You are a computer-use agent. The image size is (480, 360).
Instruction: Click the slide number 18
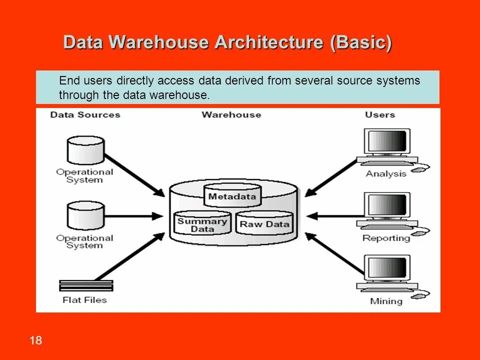[36, 340]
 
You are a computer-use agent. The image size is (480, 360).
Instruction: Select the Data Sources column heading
[85, 115]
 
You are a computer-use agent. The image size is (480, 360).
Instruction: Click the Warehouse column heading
[231, 115]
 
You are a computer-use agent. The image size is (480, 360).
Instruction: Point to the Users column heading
[380, 115]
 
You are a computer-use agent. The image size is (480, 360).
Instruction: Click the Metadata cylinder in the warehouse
[232, 195]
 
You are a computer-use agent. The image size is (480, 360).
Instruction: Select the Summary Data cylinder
[202, 223]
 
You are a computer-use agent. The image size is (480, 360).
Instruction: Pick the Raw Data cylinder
[264, 223]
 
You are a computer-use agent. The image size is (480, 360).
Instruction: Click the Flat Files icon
[86, 285]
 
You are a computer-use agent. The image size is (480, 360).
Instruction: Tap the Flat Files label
[85, 300]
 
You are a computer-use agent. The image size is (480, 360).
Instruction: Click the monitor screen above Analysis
[387, 141]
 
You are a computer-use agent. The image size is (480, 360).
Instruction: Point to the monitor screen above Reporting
[387, 204]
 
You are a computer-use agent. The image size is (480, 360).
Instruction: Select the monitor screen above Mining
[387, 267]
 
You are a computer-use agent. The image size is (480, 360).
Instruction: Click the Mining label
[386, 301]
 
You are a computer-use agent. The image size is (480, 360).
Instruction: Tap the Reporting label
[386, 238]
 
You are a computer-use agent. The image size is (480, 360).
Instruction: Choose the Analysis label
[386, 174]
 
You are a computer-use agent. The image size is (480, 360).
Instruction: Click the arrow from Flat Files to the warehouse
[130, 256]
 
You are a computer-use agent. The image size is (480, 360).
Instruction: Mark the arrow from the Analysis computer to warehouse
[331, 178]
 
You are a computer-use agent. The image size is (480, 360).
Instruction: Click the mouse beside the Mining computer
[419, 295]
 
